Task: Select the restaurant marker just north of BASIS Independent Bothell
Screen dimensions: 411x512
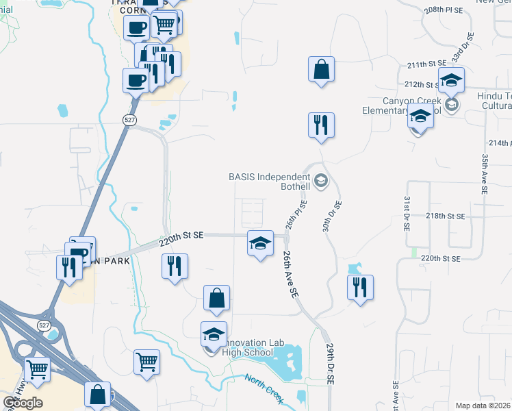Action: [x=321, y=125]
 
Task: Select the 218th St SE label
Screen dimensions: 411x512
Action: [x=445, y=216]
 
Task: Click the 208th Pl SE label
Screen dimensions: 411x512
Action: [x=444, y=12]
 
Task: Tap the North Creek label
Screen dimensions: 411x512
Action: [x=264, y=385]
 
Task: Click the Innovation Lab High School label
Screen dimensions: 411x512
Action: [x=248, y=347]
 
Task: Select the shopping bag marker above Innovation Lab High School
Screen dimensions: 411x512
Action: [x=216, y=299]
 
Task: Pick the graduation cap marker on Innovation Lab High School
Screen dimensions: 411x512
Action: [x=214, y=334]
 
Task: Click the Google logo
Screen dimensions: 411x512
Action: [x=23, y=402]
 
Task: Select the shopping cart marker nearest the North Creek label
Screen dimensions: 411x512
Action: [x=147, y=362]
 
